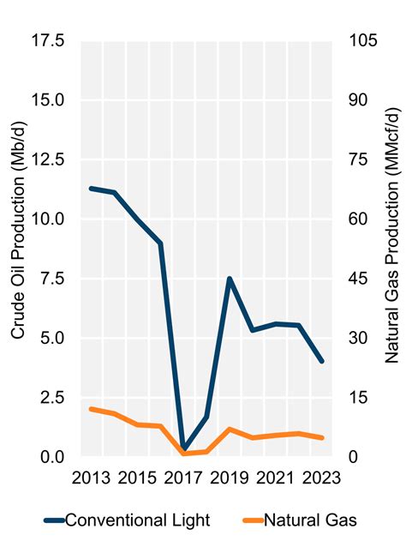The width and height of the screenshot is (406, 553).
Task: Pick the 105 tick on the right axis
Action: [x=360, y=40]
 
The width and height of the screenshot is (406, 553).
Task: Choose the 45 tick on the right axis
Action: [x=355, y=279]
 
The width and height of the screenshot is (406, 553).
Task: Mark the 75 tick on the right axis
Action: [x=355, y=159]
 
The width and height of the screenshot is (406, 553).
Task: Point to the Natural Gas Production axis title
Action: [x=391, y=249]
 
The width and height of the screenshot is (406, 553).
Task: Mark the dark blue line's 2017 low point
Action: [x=183, y=448]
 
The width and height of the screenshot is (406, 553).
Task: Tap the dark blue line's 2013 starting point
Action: [x=92, y=188]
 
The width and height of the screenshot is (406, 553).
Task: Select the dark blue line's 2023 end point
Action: [x=322, y=361]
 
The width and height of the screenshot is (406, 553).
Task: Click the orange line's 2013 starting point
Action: [x=92, y=409]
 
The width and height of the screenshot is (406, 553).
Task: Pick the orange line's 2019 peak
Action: [x=230, y=429]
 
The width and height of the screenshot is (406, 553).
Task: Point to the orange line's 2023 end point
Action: [x=322, y=438]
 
